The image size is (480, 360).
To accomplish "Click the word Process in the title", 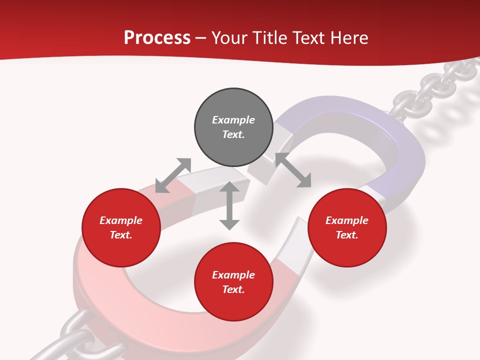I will pyautogui.click(x=157, y=38).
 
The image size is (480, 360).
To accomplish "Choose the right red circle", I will pyautogui.click(x=347, y=245).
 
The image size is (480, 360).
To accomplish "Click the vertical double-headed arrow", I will pyautogui.click(x=229, y=205).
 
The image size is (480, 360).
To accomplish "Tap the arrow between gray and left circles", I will pyautogui.click(x=173, y=175).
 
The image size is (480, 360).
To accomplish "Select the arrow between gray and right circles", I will pyautogui.click(x=293, y=170).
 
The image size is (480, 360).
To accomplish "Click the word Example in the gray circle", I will pyautogui.click(x=233, y=120).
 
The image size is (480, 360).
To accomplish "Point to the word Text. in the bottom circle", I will pyautogui.click(x=233, y=289).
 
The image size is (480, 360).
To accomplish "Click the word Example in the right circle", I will pyautogui.click(x=347, y=220).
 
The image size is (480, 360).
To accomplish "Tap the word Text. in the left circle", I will pyautogui.click(x=121, y=235).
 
